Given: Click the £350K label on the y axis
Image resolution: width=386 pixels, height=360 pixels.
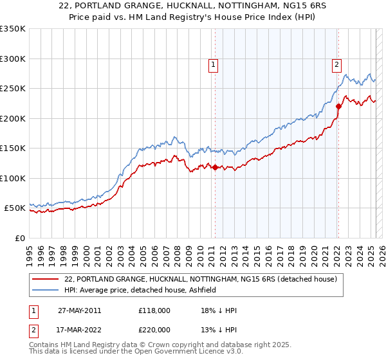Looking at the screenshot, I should click(12, 29).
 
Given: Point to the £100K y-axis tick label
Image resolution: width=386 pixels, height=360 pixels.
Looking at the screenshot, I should click(12, 178).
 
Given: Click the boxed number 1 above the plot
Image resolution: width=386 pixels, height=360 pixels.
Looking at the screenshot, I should click(213, 64).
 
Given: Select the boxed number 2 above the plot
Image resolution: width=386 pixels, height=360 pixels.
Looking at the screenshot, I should click(336, 64).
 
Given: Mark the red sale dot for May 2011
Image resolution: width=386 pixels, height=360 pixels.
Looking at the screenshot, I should click(215, 168).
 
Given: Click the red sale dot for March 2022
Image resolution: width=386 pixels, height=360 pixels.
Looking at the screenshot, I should click(338, 107).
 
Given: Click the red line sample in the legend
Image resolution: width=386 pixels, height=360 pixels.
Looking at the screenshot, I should click(46, 279).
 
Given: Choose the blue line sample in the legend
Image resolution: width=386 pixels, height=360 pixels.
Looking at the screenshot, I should click(46, 290).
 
